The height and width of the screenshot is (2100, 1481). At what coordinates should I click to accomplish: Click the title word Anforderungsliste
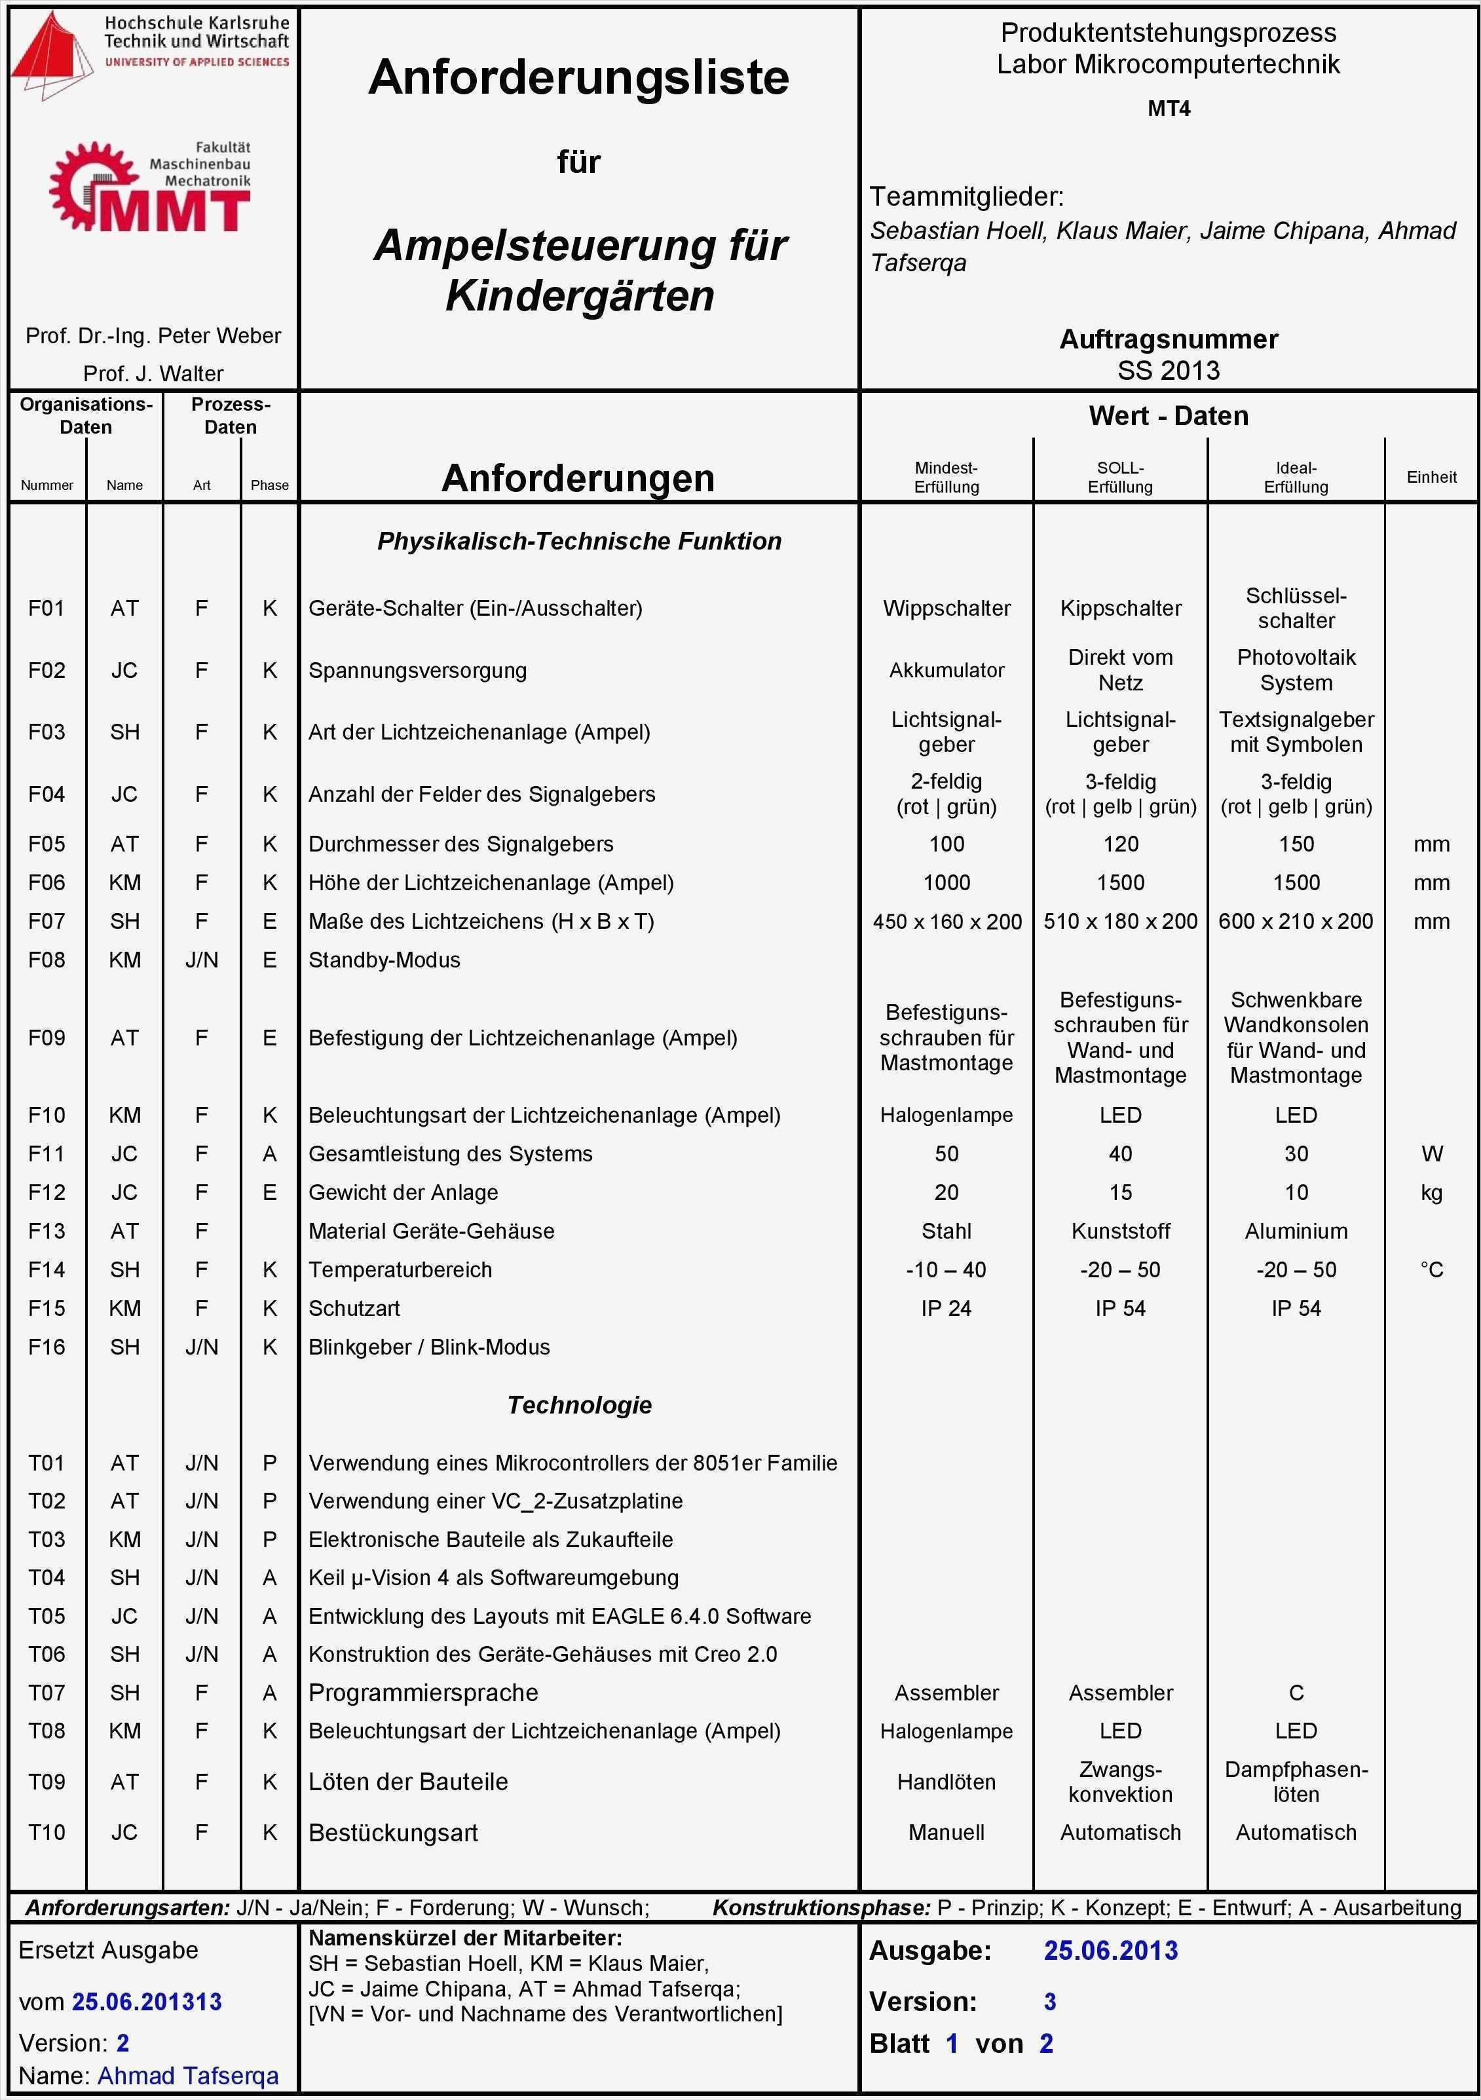(x=578, y=78)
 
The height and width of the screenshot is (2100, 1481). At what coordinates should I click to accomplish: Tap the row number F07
(x=47, y=921)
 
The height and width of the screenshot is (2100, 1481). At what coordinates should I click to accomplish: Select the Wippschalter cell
(x=947, y=609)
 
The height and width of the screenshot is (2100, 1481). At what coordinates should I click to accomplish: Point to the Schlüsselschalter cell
(x=1296, y=609)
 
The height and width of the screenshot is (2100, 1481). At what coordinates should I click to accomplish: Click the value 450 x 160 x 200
(x=947, y=921)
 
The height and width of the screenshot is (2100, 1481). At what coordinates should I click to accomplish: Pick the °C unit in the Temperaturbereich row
(x=1432, y=1269)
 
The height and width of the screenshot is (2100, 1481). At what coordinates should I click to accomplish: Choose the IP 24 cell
(x=947, y=1308)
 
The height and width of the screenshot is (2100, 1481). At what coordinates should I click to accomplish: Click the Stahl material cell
(x=947, y=1231)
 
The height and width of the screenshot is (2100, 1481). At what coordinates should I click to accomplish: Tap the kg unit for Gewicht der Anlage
(x=1432, y=1193)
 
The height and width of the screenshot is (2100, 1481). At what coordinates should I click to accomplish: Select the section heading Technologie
(x=579, y=1405)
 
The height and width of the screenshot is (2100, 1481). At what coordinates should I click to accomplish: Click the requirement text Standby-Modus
(x=384, y=960)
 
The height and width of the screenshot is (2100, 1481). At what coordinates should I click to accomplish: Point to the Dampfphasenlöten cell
(x=1296, y=1782)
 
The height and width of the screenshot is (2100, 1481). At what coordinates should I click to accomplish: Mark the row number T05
(x=47, y=1616)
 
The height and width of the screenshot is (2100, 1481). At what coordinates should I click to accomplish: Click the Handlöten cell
(x=947, y=1782)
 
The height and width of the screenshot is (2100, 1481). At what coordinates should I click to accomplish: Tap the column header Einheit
(x=1432, y=476)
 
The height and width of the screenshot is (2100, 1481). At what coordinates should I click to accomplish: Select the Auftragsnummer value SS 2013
(x=1168, y=371)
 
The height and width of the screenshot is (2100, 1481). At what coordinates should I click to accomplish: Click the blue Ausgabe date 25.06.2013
(x=1110, y=1951)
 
